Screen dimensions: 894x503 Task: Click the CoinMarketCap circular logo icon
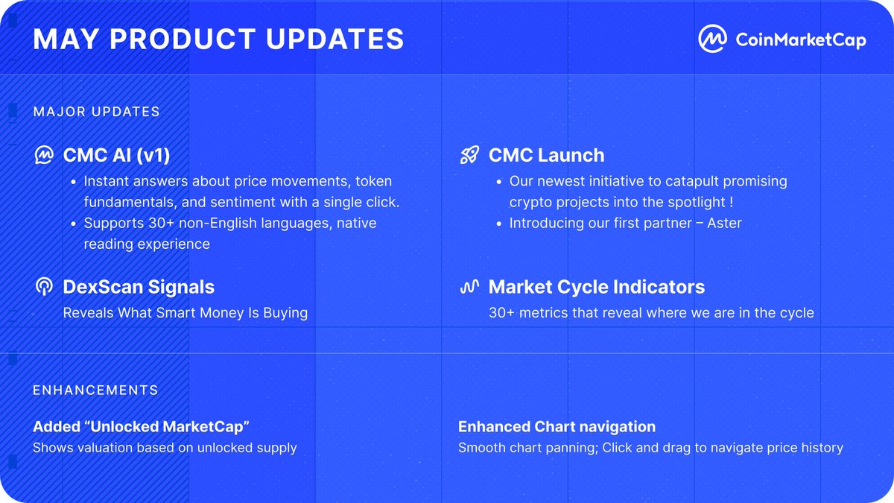coord(712,39)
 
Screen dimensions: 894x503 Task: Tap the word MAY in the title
coord(66,39)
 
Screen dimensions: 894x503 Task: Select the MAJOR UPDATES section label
coord(97,111)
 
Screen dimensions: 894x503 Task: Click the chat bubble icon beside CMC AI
coord(44,155)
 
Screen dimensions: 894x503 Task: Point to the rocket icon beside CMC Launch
coord(469,155)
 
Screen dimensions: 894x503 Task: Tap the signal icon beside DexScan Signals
coord(44,287)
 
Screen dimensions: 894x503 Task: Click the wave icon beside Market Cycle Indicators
coord(469,287)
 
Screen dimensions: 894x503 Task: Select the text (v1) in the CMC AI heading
coord(153,155)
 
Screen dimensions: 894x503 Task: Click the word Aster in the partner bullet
coord(724,223)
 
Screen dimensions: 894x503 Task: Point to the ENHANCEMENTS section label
coord(96,390)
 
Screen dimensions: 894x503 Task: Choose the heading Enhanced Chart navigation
coord(557,426)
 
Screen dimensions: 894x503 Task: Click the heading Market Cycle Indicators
coord(597,287)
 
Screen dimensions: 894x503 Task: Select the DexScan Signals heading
coord(139,287)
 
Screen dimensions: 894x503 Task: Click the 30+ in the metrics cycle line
coord(501,312)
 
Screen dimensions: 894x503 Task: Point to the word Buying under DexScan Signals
coord(285,313)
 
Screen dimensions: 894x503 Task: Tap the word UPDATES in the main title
coord(335,39)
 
